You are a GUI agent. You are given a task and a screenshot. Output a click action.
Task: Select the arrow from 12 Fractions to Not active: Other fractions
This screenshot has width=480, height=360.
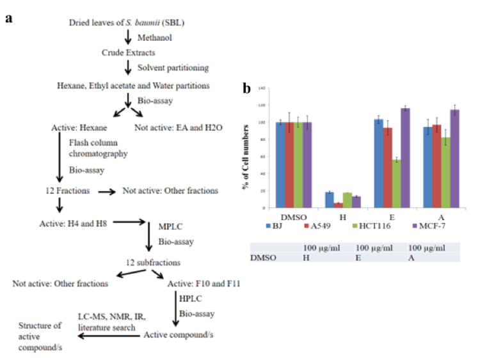106,191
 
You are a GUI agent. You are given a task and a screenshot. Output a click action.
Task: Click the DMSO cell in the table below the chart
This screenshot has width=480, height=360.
260,257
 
